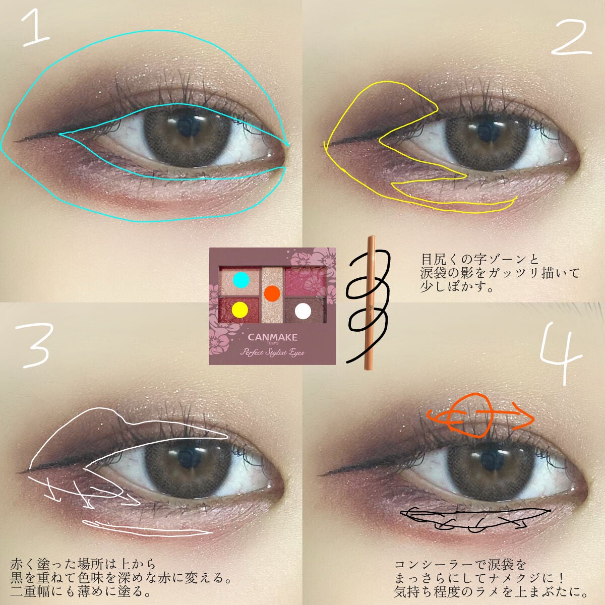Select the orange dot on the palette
point(272,292)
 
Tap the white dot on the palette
point(303,310)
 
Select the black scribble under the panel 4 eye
point(474,517)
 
